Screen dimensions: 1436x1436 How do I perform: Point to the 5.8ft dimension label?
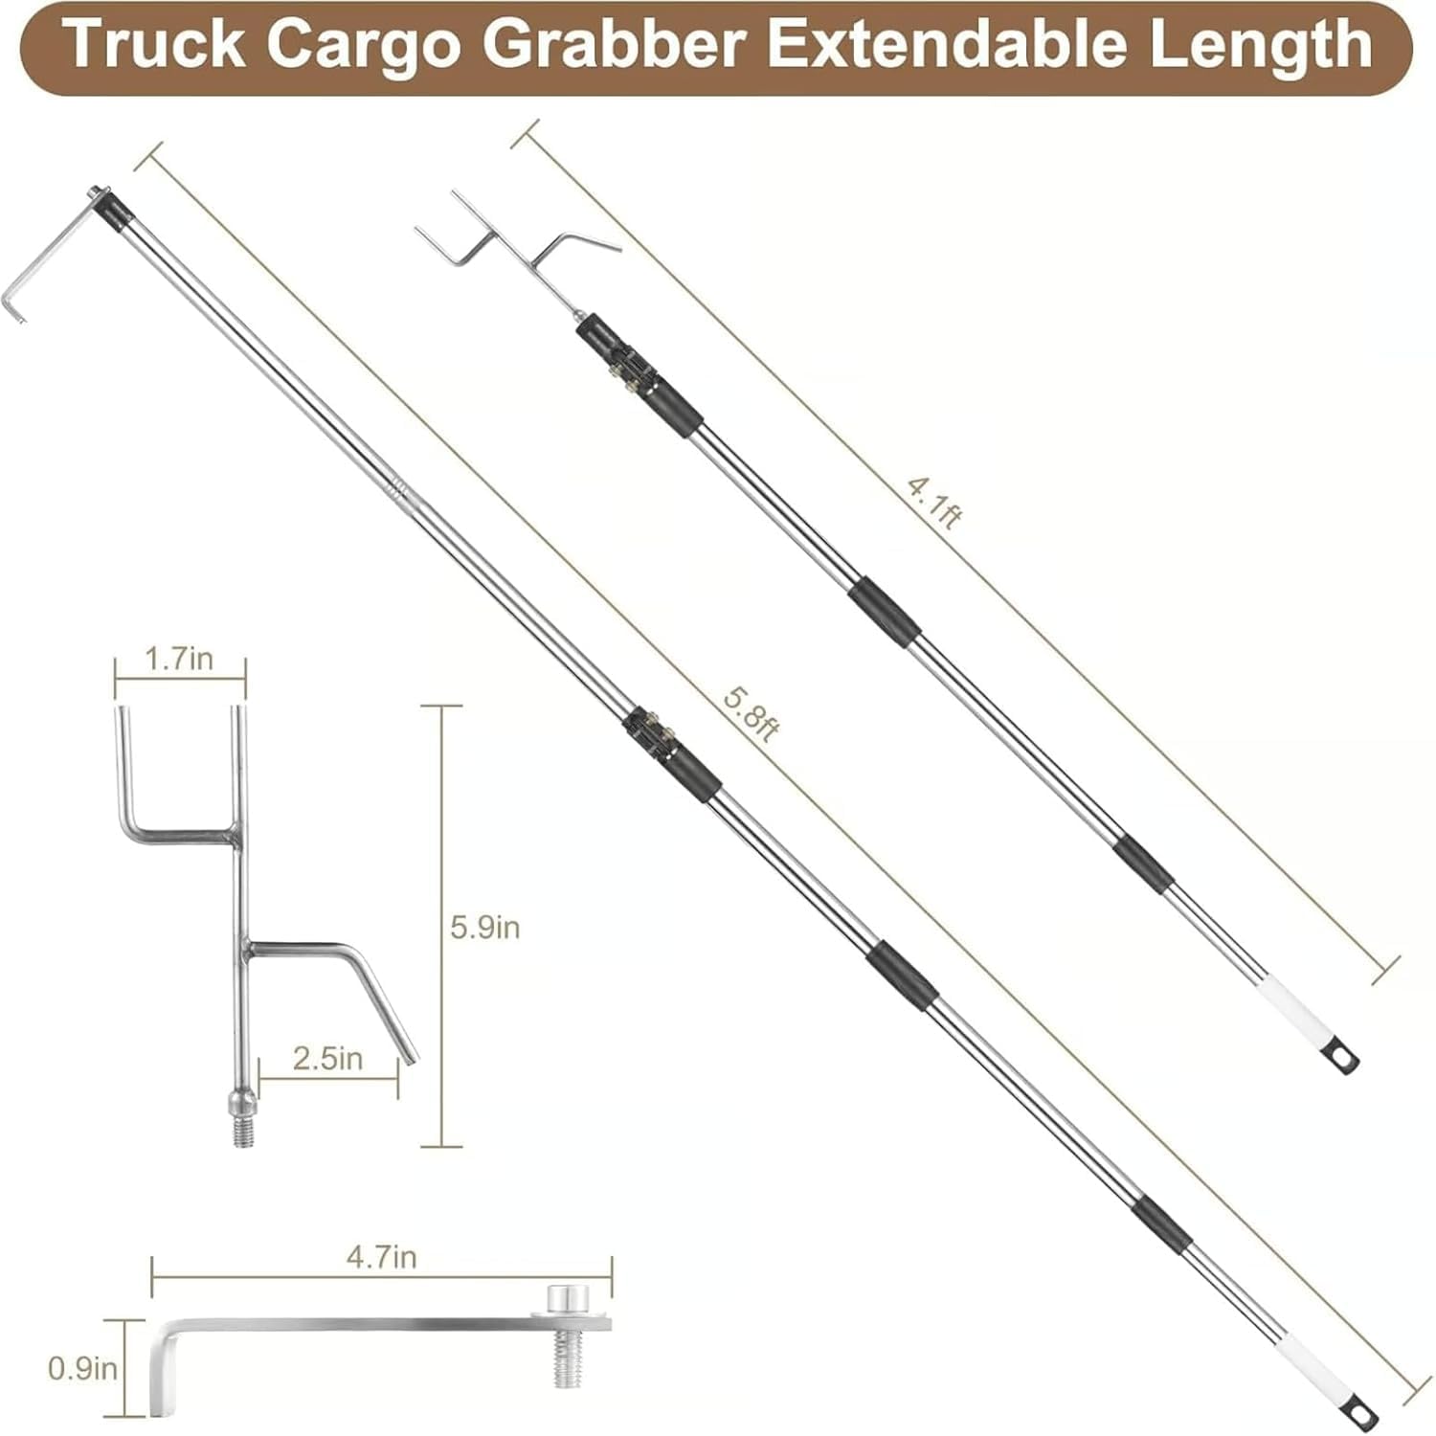(x=751, y=713)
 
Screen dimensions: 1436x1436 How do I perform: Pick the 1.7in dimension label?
(x=179, y=659)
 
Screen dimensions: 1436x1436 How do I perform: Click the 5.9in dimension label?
(x=484, y=927)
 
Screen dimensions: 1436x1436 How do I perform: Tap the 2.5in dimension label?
(x=327, y=1058)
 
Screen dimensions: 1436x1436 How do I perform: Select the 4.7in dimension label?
(x=381, y=1257)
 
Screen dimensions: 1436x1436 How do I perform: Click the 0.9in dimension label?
(x=82, y=1368)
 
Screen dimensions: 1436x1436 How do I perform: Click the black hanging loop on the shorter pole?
(x=1346, y=1057)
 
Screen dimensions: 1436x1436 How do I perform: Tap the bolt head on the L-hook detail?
(x=569, y=1301)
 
